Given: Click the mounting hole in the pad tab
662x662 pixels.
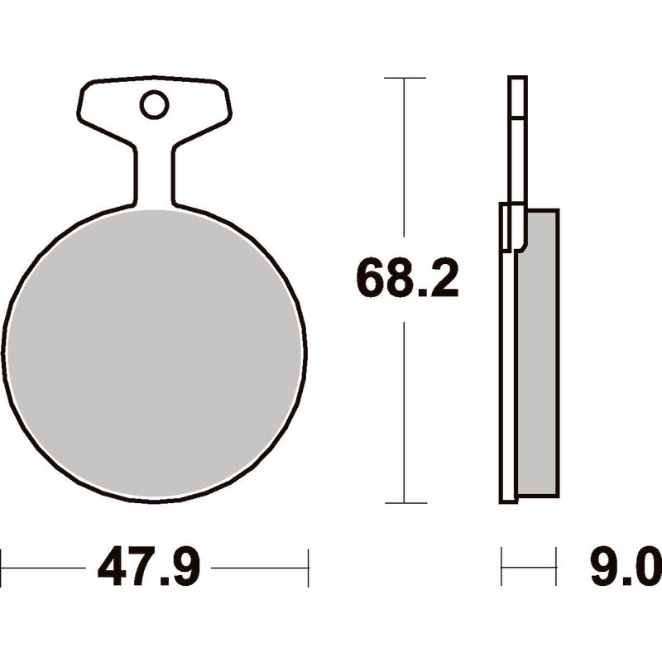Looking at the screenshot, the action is click(x=154, y=105).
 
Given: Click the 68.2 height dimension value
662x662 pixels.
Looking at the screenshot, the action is click(x=407, y=280).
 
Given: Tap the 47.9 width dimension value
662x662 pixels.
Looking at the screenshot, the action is click(x=148, y=567).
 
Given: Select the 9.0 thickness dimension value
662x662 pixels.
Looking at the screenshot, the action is click(x=626, y=567).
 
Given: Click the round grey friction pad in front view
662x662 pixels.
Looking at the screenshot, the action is click(x=154, y=354).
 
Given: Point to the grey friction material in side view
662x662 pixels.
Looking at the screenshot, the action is click(x=539, y=353).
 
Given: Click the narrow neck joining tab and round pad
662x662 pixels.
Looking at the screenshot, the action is click(x=155, y=177).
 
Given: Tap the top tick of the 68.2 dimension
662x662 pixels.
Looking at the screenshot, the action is click(x=405, y=78).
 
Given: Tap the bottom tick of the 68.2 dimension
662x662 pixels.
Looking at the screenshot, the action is click(x=405, y=503).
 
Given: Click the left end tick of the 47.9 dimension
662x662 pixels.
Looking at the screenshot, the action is click(x=2, y=568).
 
